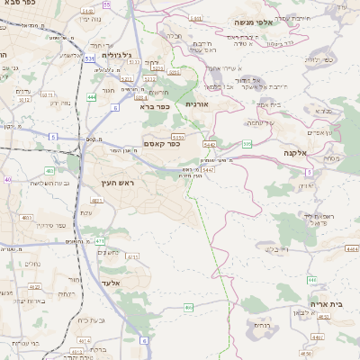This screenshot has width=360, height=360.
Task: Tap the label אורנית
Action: (197, 104)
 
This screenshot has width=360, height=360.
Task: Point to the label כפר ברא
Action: (155, 105)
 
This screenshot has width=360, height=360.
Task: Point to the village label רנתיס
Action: (262, 325)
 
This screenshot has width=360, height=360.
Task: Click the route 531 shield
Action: (90, 58)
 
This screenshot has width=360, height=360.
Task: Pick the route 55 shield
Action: (107, 5)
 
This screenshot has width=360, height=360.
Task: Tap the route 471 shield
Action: (99, 241)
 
